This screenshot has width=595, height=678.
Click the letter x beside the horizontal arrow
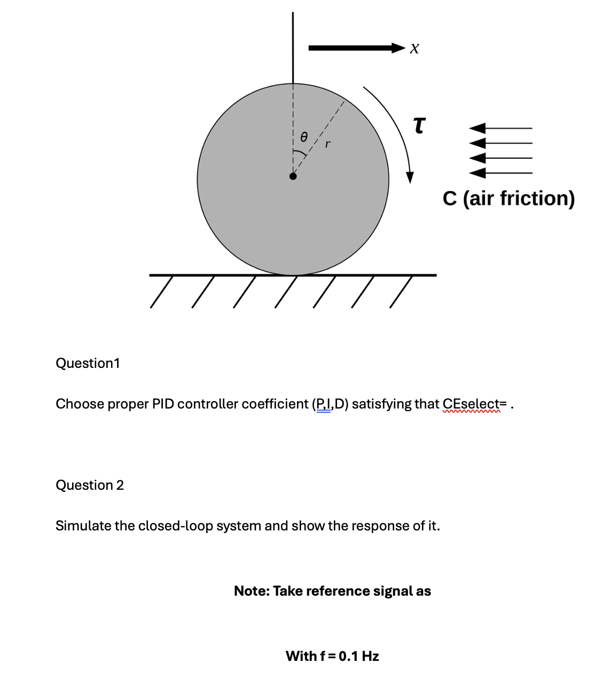click(x=415, y=49)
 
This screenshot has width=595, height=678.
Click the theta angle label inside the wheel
click(x=303, y=137)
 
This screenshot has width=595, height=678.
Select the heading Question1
click(x=88, y=363)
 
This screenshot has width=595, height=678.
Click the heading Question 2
click(x=90, y=485)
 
